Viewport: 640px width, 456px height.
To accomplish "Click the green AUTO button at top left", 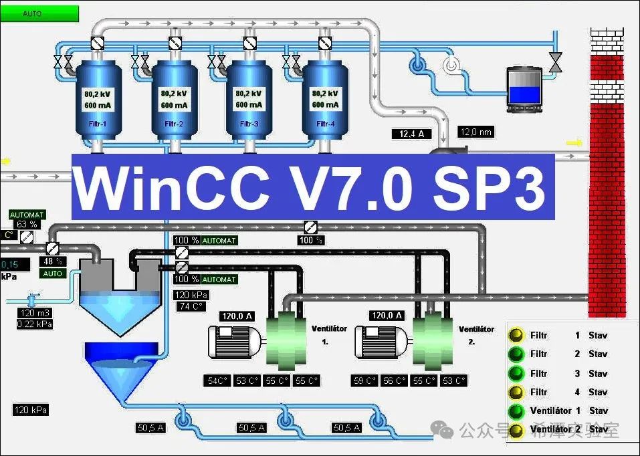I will click(x=40, y=13).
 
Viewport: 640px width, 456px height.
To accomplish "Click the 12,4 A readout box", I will click(x=412, y=134).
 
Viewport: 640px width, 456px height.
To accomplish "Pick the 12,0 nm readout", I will click(x=476, y=132).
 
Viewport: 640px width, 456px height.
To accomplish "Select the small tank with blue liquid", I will click(x=524, y=86).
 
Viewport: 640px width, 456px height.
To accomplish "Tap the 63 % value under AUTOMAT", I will click(x=27, y=224).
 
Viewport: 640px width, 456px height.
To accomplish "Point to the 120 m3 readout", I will click(x=34, y=313).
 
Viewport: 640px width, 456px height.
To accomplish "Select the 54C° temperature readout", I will click(x=218, y=381).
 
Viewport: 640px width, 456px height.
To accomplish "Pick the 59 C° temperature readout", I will click(x=366, y=381).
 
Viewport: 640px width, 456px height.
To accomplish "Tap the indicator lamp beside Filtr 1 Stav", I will click(x=515, y=335).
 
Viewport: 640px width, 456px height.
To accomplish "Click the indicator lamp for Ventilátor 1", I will click(x=515, y=411).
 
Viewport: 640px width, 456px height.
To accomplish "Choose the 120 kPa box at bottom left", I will click(x=30, y=410).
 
